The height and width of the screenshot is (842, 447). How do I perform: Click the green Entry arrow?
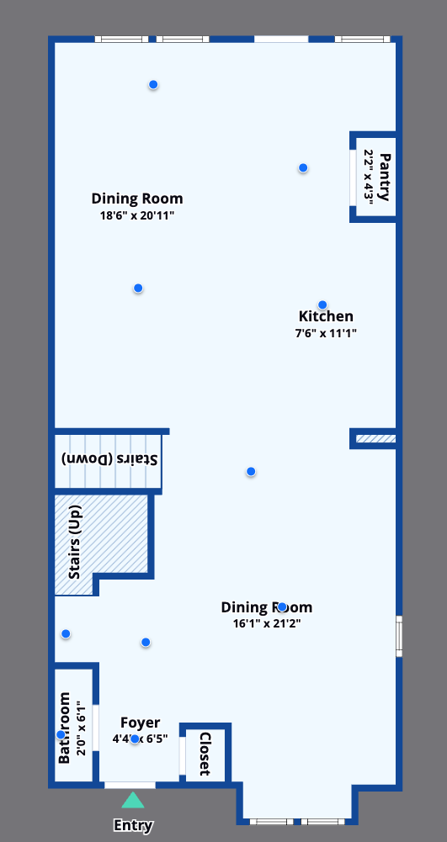[133, 800]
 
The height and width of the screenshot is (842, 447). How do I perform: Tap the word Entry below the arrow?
[133, 825]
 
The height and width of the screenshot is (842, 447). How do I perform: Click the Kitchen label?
[326, 317]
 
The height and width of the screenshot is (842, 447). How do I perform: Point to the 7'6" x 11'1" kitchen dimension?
[326, 333]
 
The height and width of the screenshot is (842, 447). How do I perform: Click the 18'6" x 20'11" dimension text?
[137, 215]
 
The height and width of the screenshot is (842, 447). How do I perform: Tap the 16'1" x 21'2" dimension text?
[266, 624]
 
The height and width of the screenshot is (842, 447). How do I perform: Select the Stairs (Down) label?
[110, 459]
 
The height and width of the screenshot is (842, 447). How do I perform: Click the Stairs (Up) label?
[74, 543]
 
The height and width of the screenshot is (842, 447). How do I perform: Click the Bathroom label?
[65, 728]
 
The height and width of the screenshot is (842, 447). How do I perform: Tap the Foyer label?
[140, 723]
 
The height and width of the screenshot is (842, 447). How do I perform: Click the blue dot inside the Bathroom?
[61, 735]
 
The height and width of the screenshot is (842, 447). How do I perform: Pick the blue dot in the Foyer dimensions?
[135, 739]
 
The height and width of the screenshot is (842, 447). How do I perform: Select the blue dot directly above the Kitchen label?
[322, 304]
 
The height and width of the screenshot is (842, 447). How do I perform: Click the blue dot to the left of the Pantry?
[303, 168]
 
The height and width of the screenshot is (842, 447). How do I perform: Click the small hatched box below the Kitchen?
[375, 439]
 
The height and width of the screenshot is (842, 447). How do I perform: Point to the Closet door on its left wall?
[183, 755]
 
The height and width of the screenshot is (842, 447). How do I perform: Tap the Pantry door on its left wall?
[353, 177]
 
